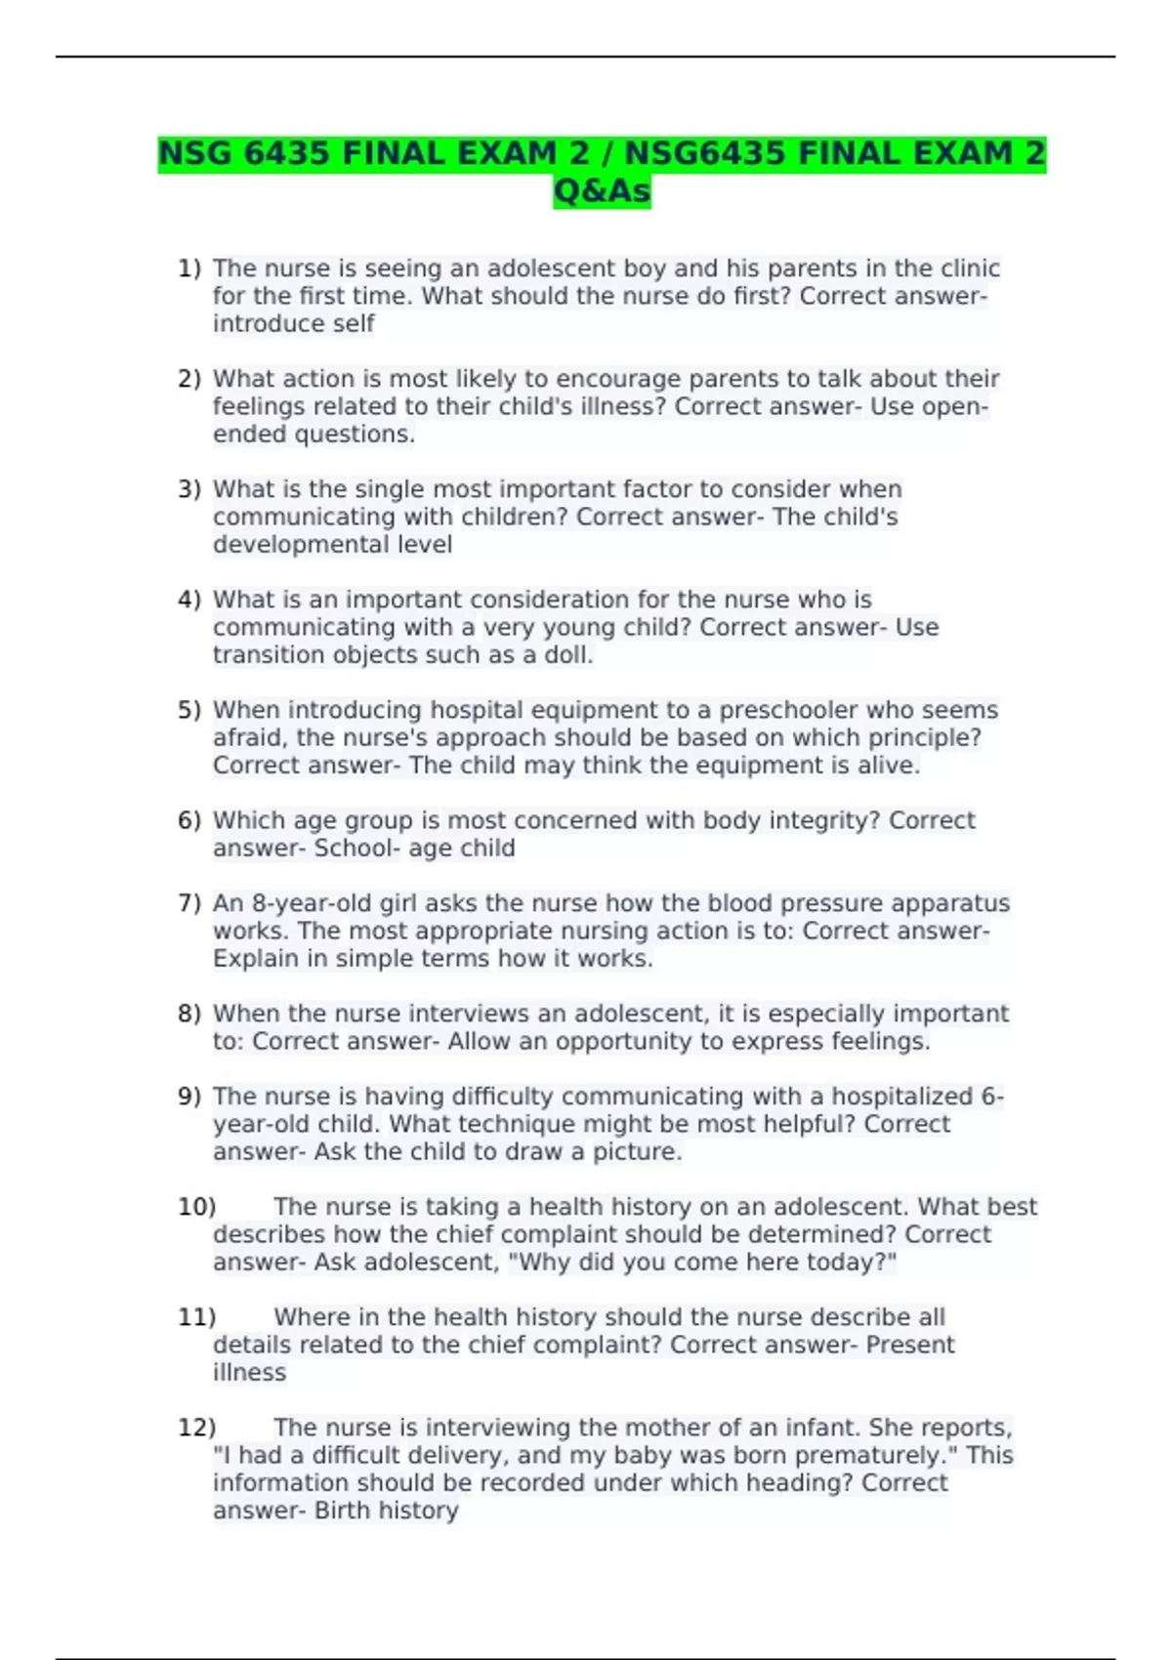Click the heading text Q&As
click(602, 191)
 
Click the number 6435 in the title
click(286, 154)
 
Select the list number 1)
click(189, 269)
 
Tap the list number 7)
click(189, 903)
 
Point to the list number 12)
click(196, 1428)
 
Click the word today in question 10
click(845, 1263)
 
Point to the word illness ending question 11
click(249, 1373)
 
